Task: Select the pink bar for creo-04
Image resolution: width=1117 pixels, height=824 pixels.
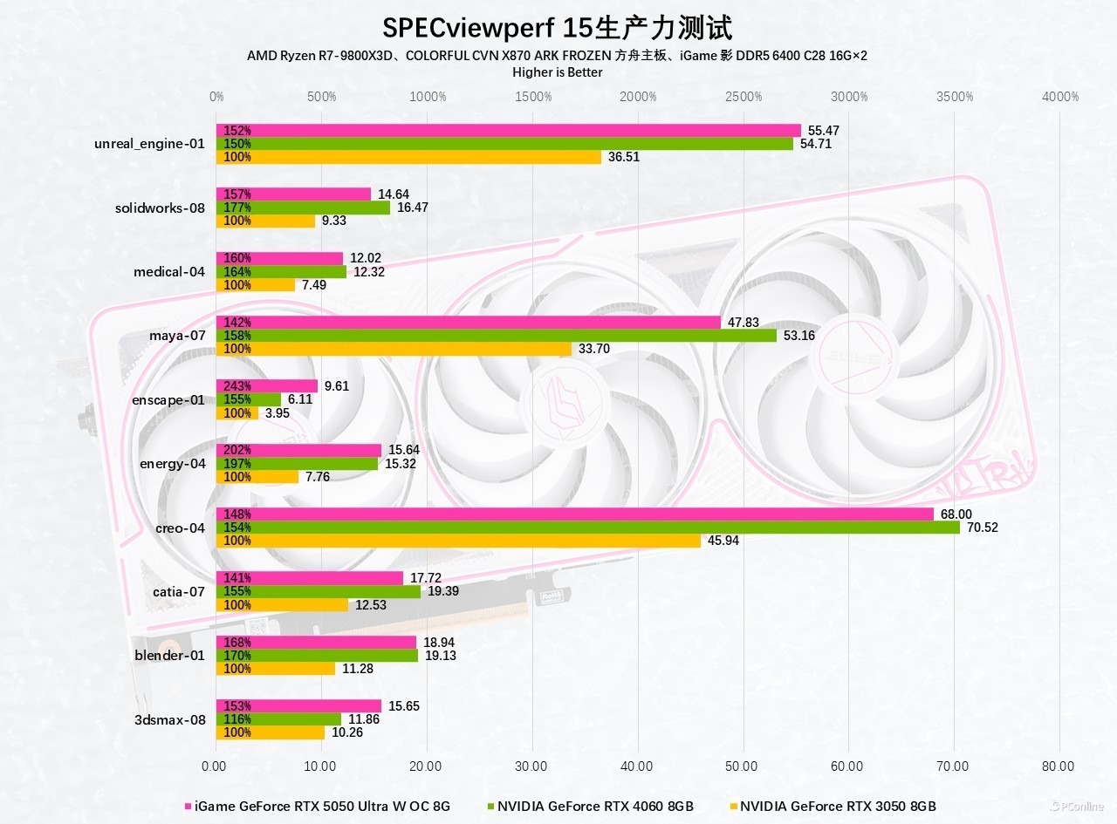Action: point(574,514)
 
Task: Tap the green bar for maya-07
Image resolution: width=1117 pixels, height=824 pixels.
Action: point(496,336)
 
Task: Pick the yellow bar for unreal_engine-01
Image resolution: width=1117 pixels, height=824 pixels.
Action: point(408,157)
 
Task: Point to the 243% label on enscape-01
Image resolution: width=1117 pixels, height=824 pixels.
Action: point(237,386)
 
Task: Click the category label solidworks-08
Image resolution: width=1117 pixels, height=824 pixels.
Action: point(160,208)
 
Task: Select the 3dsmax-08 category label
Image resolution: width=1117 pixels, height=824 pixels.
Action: point(170,719)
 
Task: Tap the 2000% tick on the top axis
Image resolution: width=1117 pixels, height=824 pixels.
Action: point(639,97)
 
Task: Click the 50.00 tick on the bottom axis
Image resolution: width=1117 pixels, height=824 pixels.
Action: point(742,766)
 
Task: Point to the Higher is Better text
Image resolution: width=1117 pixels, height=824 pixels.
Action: point(557,72)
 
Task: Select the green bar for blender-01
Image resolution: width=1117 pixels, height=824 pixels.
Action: point(317,656)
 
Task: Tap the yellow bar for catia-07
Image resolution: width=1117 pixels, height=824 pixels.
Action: point(282,605)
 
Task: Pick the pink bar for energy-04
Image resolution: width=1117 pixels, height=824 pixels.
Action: point(298,450)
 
